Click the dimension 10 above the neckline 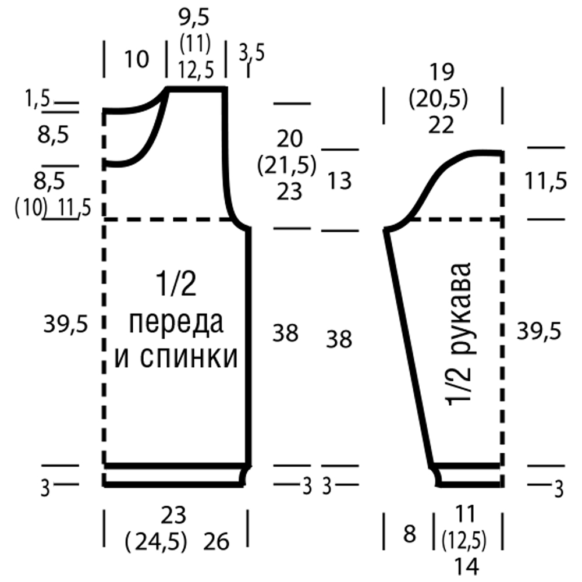coord(137,59)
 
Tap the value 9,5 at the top coord(194,18)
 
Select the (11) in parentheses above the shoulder coord(195,44)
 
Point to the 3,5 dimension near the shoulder coord(251,53)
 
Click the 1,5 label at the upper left coord(37,99)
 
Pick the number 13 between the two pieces coord(339,182)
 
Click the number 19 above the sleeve coord(442,72)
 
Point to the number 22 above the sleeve coord(441,126)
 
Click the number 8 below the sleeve coord(409,534)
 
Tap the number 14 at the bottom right coord(467,567)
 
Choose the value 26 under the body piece coord(217,541)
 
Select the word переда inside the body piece coord(176,323)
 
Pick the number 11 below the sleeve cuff coord(465,514)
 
